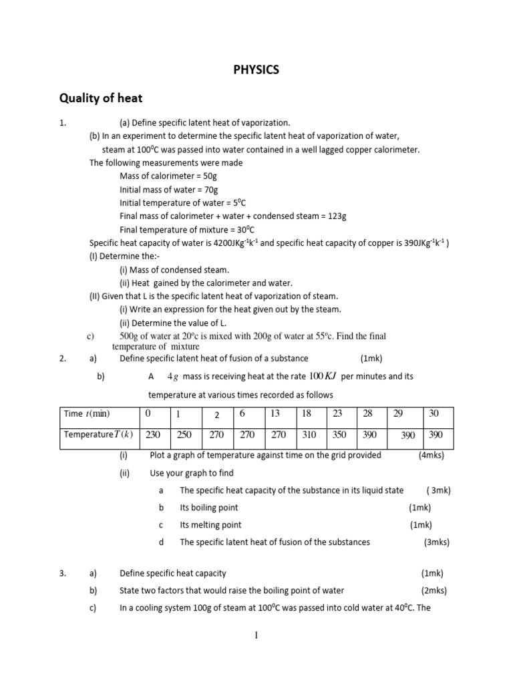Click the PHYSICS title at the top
[x=256, y=69]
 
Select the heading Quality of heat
[x=101, y=99]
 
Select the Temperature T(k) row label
[x=98, y=434]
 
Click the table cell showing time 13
[x=275, y=413]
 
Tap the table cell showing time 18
[x=307, y=413]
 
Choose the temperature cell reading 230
[x=153, y=434]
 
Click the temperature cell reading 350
[x=340, y=434]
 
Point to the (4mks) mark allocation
[x=431, y=455]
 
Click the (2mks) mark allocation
[x=434, y=590]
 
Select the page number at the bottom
[x=256, y=635]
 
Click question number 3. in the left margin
[x=63, y=573]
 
